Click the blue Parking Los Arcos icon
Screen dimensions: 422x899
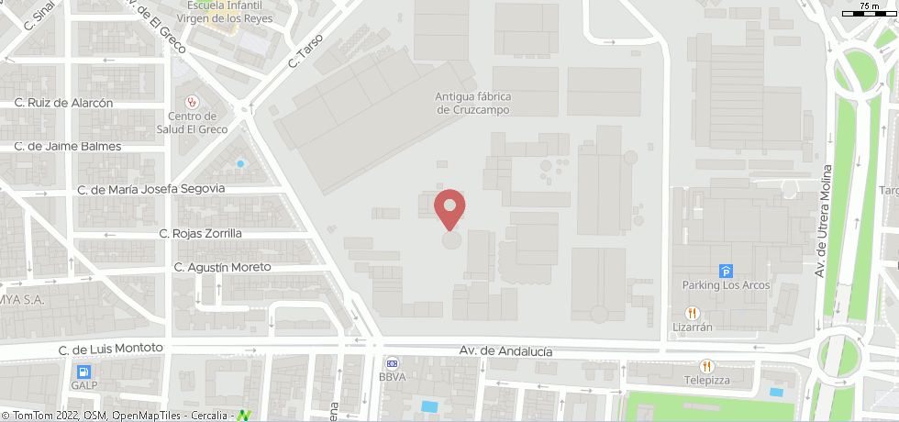[x=727, y=271]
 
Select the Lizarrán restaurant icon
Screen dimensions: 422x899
[x=693, y=312]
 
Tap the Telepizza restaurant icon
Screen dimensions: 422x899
[x=705, y=366]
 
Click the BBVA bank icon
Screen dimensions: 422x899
[x=392, y=362]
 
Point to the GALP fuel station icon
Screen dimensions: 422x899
[x=83, y=372]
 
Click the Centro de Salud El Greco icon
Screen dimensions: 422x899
[x=192, y=102]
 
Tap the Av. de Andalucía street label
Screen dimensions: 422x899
[x=505, y=351]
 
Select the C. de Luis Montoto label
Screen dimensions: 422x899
[x=110, y=349]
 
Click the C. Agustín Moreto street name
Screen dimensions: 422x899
[x=223, y=267]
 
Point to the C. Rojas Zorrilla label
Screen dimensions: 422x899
[x=200, y=233]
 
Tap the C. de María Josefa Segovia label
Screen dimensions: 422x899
[x=151, y=189]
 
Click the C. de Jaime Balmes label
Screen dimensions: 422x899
[x=68, y=146]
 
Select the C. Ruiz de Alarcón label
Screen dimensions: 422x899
[x=63, y=103]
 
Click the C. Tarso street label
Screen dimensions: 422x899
[x=306, y=51]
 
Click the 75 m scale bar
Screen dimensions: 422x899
[x=867, y=11]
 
